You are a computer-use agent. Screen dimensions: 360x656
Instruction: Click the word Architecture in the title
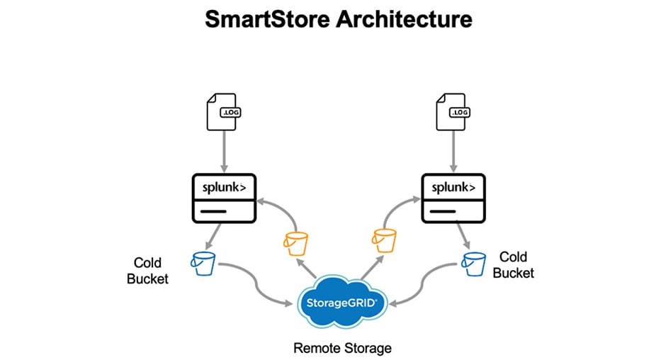click(x=397, y=19)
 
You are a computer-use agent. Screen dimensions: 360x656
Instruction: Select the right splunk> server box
click(x=453, y=198)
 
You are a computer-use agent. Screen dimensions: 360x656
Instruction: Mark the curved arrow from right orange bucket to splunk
click(x=398, y=209)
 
